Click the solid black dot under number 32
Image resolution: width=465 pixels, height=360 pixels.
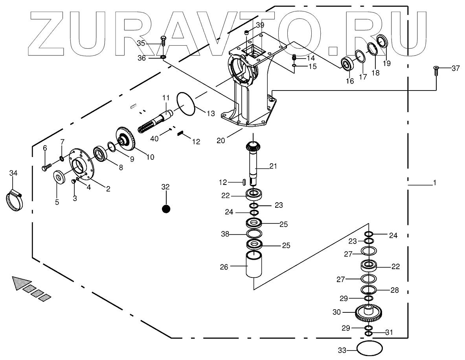(166, 209)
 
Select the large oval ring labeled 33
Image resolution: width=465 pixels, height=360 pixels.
(369, 349)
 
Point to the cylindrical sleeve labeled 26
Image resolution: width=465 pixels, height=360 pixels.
(254, 266)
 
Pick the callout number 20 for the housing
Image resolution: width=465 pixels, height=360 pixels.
(221, 140)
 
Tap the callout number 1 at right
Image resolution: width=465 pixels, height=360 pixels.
(434, 183)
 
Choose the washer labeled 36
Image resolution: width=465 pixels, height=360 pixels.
(163, 58)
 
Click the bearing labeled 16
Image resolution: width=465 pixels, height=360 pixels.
(347, 64)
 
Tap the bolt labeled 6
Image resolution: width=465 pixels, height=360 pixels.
(45, 167)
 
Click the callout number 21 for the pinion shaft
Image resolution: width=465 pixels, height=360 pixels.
(273, 166)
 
